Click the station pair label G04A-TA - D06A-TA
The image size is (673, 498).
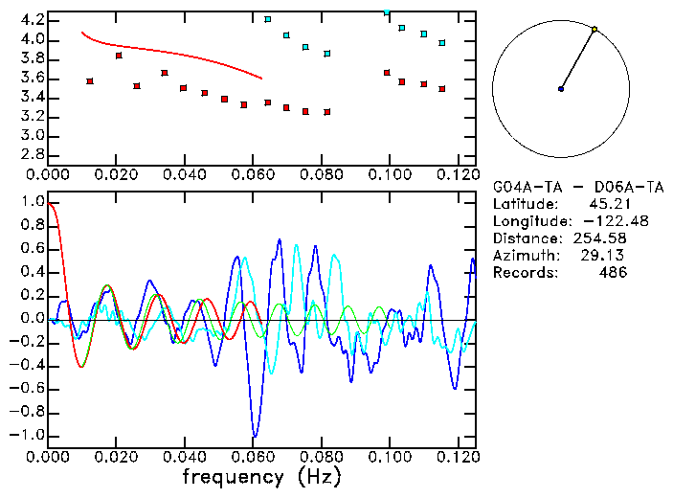pos(577,187)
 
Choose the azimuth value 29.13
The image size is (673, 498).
pos(608,256)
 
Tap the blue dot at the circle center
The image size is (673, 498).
pos(561,89)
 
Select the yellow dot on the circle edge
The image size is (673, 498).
pos(594,30)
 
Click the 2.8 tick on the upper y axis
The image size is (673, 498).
pos(32,154)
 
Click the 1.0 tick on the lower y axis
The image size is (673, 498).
pos(32,202)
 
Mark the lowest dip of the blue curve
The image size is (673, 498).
pos(254,436)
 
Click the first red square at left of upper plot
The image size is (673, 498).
pos(90,81)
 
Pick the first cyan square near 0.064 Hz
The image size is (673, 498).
pos(268,19)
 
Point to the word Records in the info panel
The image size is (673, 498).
pos(523,273)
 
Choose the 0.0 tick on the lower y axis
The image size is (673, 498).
pos(32,319)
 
